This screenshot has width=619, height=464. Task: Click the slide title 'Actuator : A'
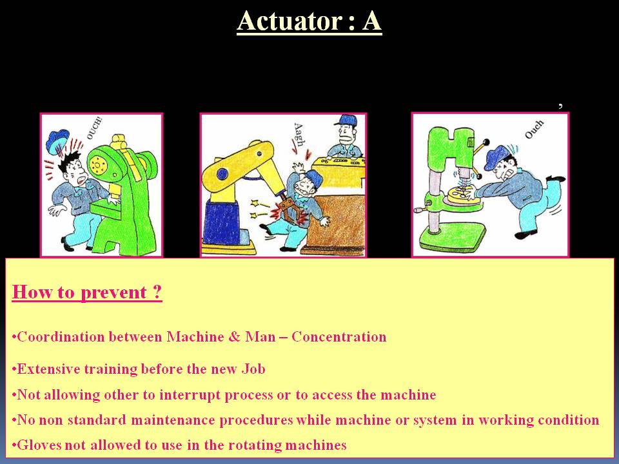click(309, 21)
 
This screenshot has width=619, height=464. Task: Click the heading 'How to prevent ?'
click(87, 293)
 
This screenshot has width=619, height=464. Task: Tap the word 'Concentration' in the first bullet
click(339, 336)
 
